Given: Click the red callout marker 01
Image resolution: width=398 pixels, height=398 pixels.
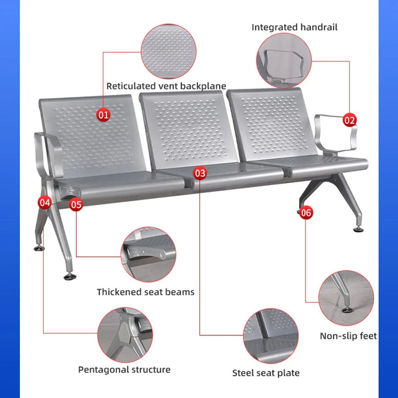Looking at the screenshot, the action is [103, 115].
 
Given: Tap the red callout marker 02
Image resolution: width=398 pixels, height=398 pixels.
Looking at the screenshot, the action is [350, 120].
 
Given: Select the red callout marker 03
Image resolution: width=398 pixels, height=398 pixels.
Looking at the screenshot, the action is [200, 173].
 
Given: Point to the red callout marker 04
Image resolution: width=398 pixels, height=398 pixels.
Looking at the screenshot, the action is [45, 202].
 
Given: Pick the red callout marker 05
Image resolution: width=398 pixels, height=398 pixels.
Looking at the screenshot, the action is [76, 205].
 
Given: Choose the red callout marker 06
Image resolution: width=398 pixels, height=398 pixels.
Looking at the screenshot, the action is [306, 213].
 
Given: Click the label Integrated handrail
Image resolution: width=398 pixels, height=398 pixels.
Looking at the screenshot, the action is [295, 27].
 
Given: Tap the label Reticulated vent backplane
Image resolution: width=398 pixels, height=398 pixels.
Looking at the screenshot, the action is [166, 86].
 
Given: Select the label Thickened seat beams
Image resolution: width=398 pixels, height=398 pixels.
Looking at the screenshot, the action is [146, 292].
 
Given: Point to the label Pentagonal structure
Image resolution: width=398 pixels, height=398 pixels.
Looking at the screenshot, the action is [125, 370].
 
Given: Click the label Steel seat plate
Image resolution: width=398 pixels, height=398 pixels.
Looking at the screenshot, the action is [266, 373].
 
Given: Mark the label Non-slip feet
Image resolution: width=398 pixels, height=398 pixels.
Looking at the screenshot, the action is [349, 336].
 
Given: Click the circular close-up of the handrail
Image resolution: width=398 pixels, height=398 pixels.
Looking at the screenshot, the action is [284, 61].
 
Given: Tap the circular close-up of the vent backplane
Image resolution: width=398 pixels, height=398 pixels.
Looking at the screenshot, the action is [168, 51].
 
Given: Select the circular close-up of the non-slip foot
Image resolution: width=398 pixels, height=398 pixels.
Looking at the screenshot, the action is [346, 298].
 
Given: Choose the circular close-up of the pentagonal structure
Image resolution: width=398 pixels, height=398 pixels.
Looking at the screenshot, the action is [125, 335].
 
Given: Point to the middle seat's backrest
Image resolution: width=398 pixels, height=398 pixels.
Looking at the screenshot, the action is [189, 130].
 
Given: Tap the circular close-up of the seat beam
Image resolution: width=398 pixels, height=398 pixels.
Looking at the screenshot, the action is [148, 255].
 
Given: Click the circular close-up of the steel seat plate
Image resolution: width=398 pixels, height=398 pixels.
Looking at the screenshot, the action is [271, 336].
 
